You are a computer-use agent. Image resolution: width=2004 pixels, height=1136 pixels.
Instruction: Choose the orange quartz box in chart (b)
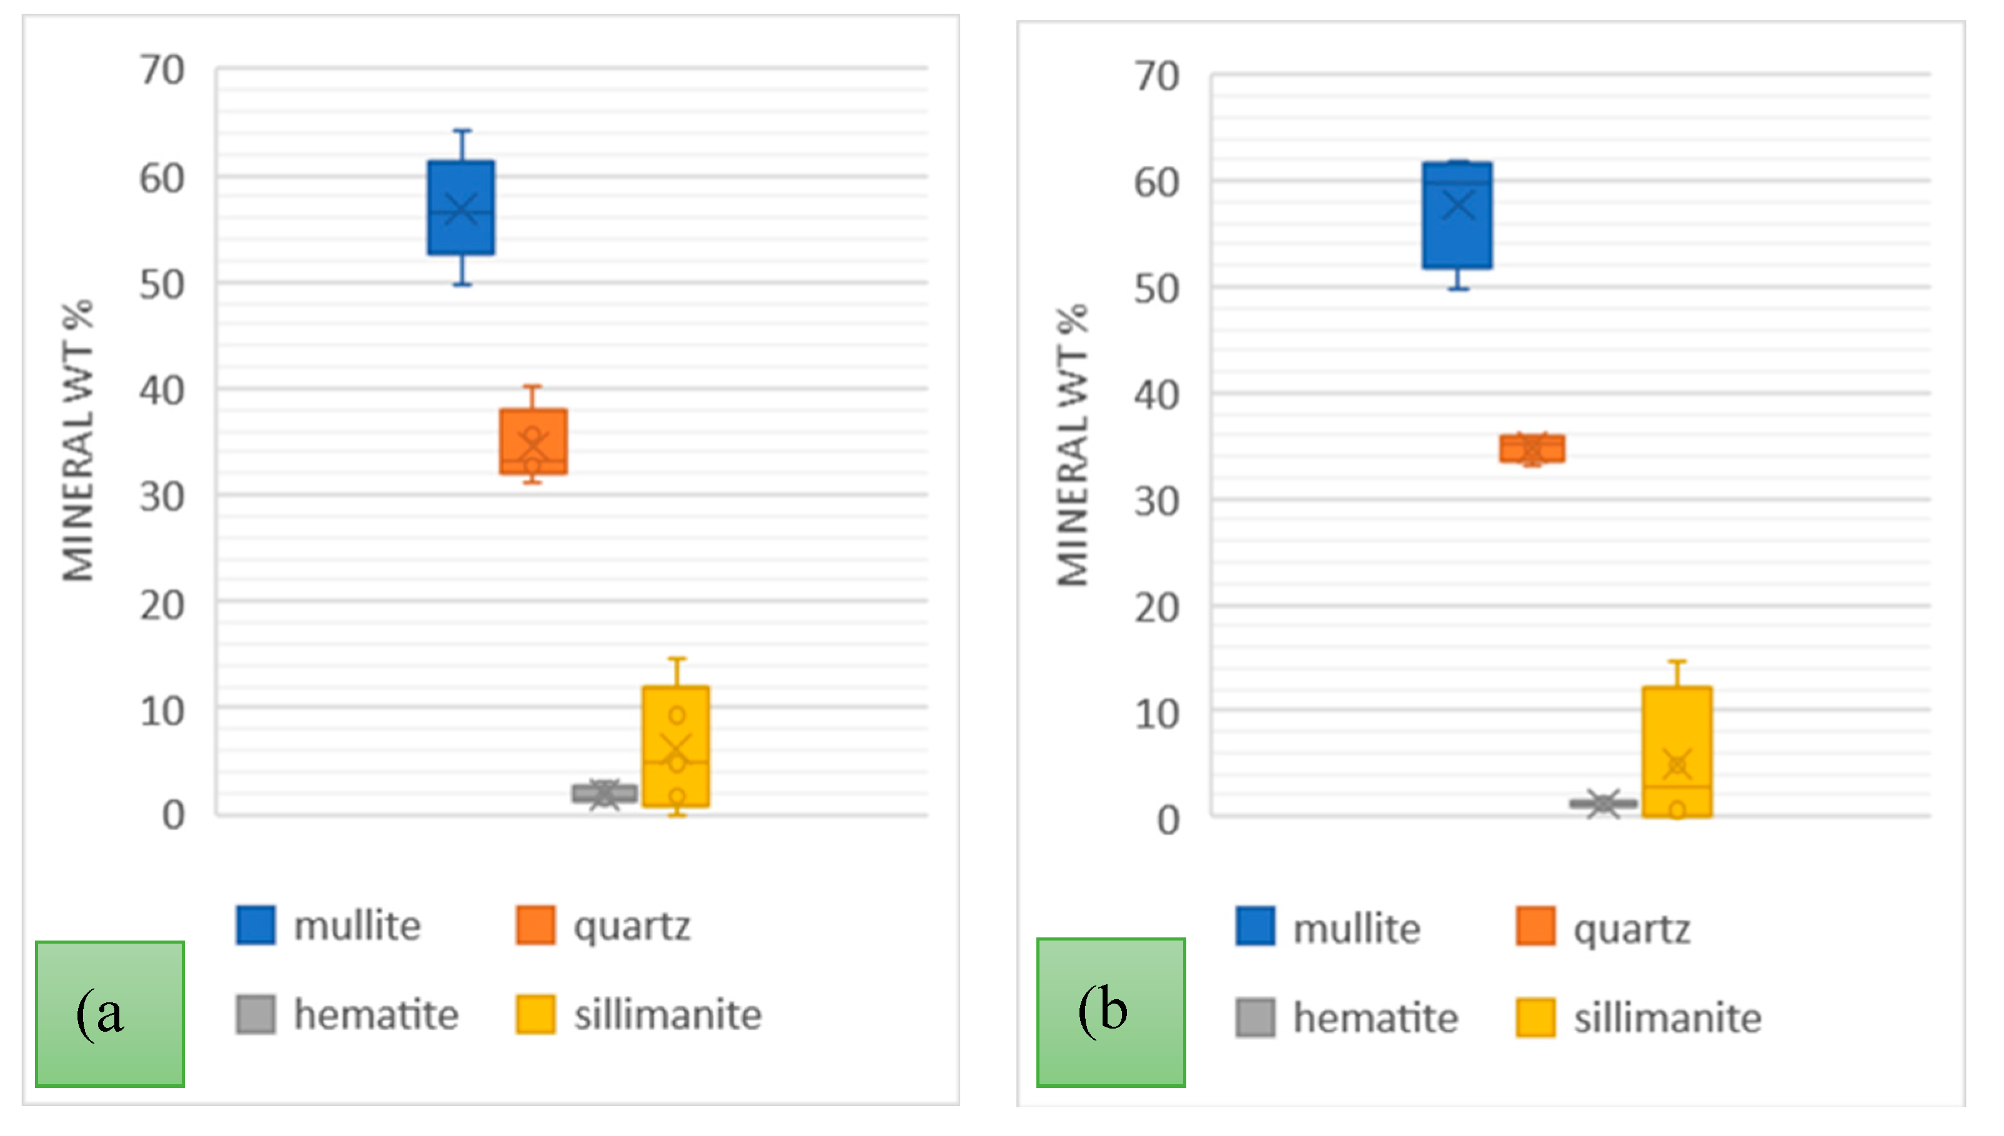coord(1532,448)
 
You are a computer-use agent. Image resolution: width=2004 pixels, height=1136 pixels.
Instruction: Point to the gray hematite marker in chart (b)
coord(1604,803)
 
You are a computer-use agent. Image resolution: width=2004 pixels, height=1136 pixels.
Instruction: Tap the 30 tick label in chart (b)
coord(1156,501)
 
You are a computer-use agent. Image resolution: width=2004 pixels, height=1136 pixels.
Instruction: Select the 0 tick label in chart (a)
coord(173,816)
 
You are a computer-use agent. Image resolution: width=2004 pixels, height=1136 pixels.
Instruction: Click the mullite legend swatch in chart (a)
coord(256,926)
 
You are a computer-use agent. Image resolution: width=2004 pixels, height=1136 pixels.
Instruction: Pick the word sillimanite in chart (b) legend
coord(1668,1018)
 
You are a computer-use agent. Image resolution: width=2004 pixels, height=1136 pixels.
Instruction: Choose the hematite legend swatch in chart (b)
coord(1256,1017)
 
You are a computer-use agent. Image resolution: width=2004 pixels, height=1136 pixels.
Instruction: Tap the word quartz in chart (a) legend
coord(632,926)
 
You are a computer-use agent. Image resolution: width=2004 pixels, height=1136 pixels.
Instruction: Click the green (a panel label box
coord(110,1014)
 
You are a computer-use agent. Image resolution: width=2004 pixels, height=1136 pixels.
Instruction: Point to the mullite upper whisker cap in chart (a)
coord(462,131)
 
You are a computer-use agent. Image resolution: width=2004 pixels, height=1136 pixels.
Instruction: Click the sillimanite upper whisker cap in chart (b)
coord(1677,661)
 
